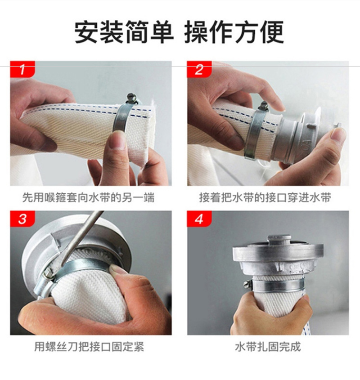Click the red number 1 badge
click(22, 70)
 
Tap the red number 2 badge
click(199, 70)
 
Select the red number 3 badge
click(22, 219)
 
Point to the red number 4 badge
click(199, 219)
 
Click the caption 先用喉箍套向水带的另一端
click(88, 197)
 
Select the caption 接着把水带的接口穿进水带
click(265, 197)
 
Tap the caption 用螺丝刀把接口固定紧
click(89, 347)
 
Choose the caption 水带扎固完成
click(268, 347)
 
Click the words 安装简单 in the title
click(124, 32)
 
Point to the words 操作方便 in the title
click(234, 32)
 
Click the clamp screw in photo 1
click(131, 98)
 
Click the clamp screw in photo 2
click(264, 106)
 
